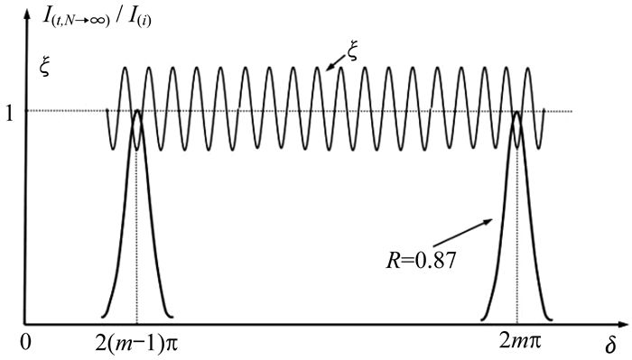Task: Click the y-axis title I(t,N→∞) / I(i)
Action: [x=98, y=18]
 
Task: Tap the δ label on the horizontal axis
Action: [x=610, y=345]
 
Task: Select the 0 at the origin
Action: [x=27, y=343]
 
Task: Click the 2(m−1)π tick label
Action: [x=136, y=344]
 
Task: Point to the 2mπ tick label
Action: [x=520, y=342]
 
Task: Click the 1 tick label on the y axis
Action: [x=9, y=115]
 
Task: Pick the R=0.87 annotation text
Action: [x=421, y=260]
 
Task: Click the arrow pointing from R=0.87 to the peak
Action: [x=462, y=233]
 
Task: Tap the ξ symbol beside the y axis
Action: [x=45, y=67]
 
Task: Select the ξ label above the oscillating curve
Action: [x=352, y=52]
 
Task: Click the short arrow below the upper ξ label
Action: [x=335, y=64]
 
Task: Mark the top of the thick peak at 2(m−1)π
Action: [x=137, y=110]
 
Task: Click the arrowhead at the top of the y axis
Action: [x=27, y=14]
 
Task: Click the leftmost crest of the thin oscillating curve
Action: [x=125, y=68]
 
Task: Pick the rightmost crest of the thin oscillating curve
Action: [x=527, y=68]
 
